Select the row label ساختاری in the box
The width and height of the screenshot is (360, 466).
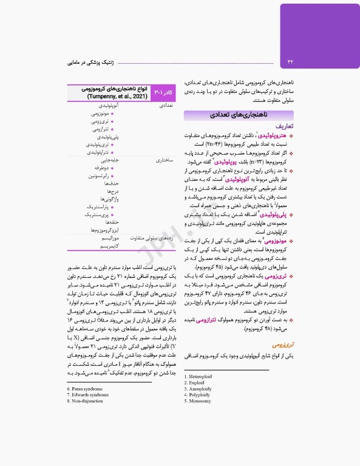coord(166,160)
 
